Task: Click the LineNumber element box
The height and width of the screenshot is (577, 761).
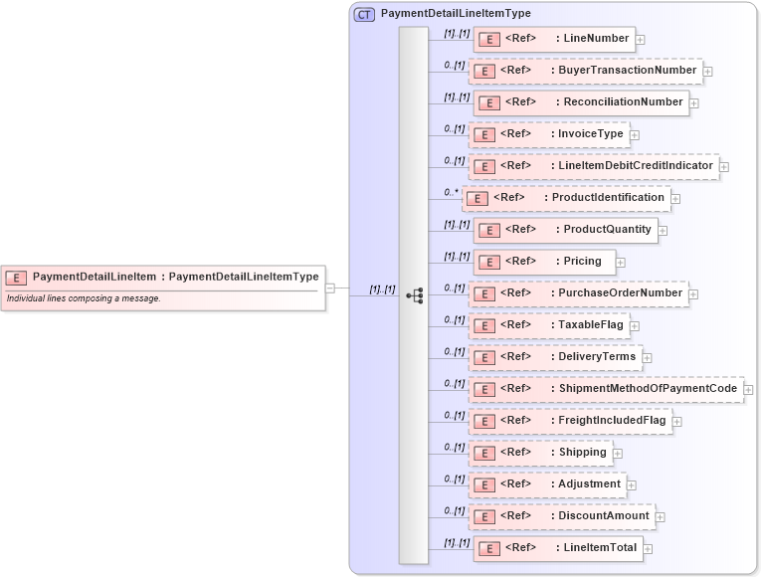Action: point(553,39)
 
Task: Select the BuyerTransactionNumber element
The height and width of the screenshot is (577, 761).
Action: point(584,71)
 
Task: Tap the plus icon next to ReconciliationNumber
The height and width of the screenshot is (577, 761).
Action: point(694,102)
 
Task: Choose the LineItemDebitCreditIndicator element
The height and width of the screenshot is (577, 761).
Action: point(594,166)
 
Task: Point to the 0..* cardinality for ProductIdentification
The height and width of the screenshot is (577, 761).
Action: point(452,192)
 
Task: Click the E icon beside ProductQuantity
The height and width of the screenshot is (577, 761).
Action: point(488,230)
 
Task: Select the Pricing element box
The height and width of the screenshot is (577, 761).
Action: point(543,262)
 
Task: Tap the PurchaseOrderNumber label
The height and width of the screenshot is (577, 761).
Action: point(620,293)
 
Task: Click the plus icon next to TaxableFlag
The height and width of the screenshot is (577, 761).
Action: point(635,325)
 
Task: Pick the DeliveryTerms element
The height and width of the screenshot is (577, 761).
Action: point(555,357)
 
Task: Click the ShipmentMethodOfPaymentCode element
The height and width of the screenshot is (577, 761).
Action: point(606,389)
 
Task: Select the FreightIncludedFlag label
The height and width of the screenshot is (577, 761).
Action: point(612,421)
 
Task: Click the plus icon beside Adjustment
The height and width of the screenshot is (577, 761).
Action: point(632,484)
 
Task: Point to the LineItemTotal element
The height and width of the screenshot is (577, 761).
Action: point(556,548)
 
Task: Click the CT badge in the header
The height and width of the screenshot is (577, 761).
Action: point(364,14)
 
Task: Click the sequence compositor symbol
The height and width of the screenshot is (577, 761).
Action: point(414,295)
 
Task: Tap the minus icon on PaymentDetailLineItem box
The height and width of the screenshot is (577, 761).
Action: point(330,288)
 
